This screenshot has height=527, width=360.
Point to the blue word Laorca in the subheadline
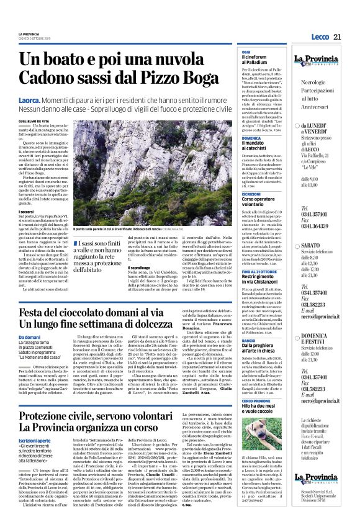pos(30,100)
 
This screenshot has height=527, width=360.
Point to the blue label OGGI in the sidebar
pos(246,53)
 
